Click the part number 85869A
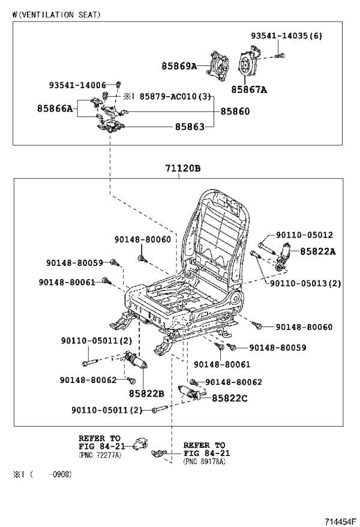point(179,66)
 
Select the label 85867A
point(249,89)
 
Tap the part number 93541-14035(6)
point(286,35)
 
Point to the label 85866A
point(55,108)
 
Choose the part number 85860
point(235,111)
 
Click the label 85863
point(190,127)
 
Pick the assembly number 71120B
point(182,168)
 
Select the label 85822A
point(317,251)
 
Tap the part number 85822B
point(146,394)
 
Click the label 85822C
point(229,399)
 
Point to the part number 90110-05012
point(304,235)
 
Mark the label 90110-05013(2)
point(305,283)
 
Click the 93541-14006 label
point(77,85)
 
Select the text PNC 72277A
point(100,455)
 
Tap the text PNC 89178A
point(205,462)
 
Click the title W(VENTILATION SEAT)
point(56,15)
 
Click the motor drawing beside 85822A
point(283,256)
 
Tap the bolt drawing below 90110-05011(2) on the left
point(89,363)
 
